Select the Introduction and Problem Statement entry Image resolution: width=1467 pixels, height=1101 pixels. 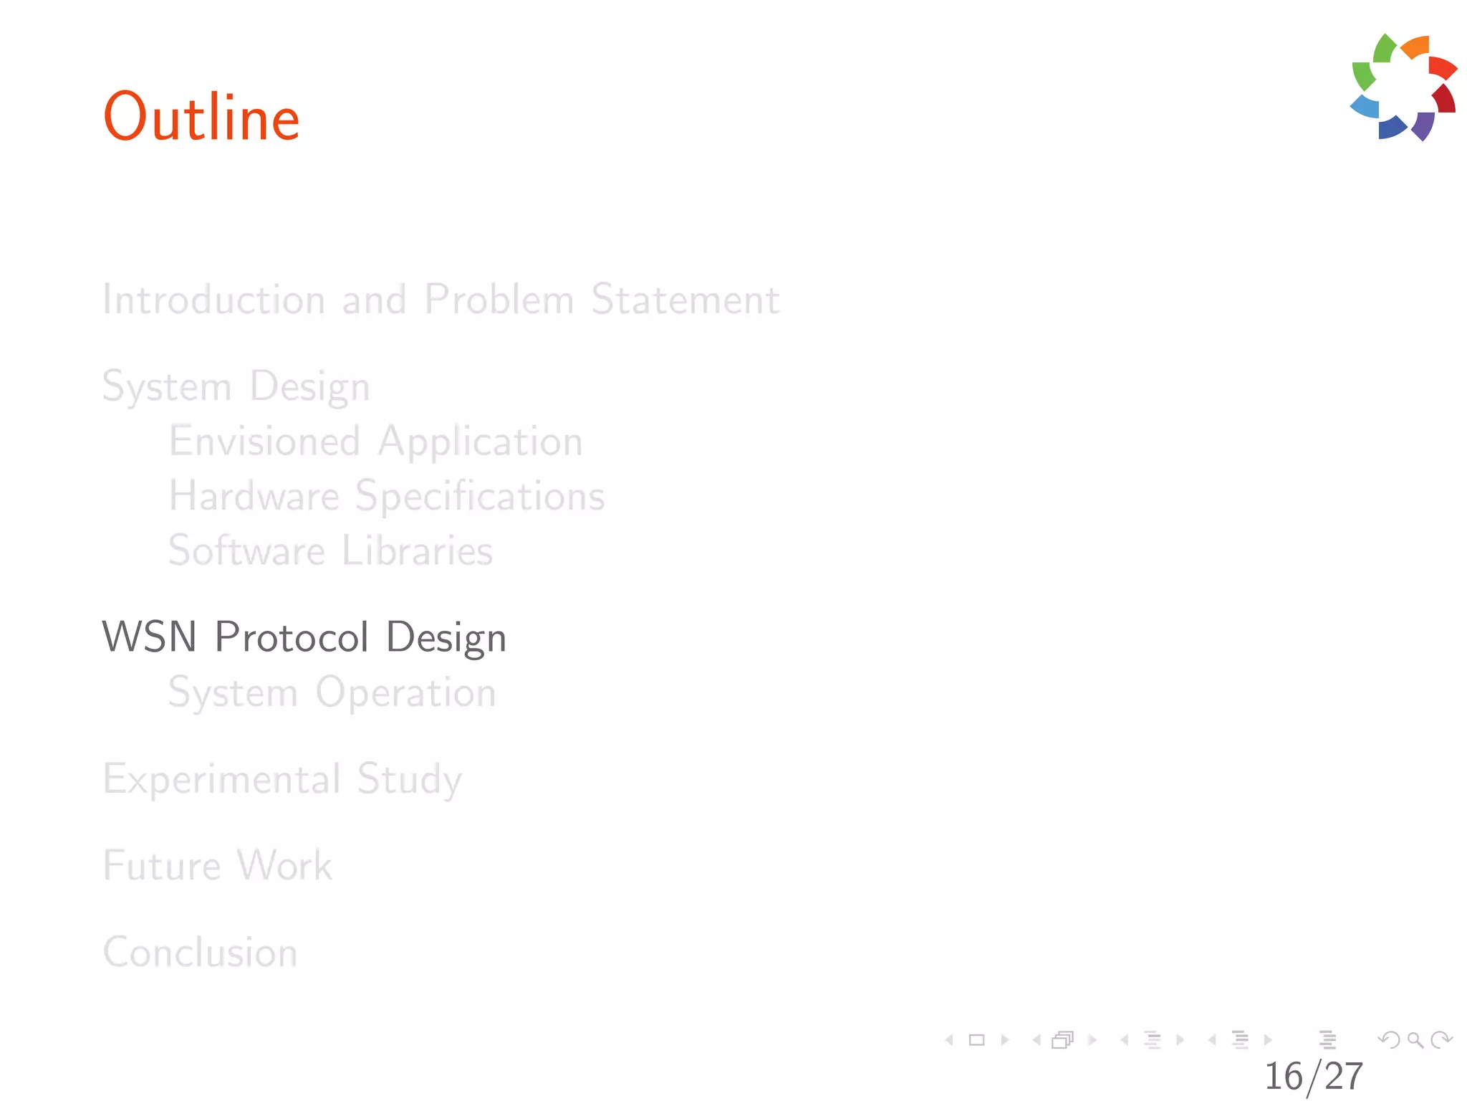(x=441, y=299)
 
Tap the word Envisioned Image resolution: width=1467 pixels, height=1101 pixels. (x=264, y=441)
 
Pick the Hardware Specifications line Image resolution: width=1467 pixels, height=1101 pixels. (x=387, y=496)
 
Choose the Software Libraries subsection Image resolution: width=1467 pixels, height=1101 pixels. (x=330, y=550)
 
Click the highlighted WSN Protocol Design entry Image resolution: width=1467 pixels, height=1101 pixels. (x=304, y=637)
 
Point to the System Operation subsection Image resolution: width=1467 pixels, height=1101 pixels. (x=332, y=692)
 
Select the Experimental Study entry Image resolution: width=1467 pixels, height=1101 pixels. (x=282, y=779)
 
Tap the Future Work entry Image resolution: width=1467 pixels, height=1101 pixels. (x=218, y=865)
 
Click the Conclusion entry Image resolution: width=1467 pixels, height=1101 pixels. (x=201, y=952)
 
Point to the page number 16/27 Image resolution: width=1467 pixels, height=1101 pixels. (x=1313, y=1076)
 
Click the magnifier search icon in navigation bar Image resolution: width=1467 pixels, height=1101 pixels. (x=1415, y=1039)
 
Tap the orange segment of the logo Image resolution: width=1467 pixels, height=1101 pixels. (x=1416, y=47)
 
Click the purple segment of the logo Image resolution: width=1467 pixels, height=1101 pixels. (x=1423, y=125)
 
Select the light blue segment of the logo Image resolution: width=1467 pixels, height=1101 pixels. (x=1365, y=106)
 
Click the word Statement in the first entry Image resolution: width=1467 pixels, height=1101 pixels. (x=685, y=299)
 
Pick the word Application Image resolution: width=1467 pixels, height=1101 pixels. (x=480, y=441)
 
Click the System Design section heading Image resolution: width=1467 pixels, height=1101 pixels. (x=236, y=386)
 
